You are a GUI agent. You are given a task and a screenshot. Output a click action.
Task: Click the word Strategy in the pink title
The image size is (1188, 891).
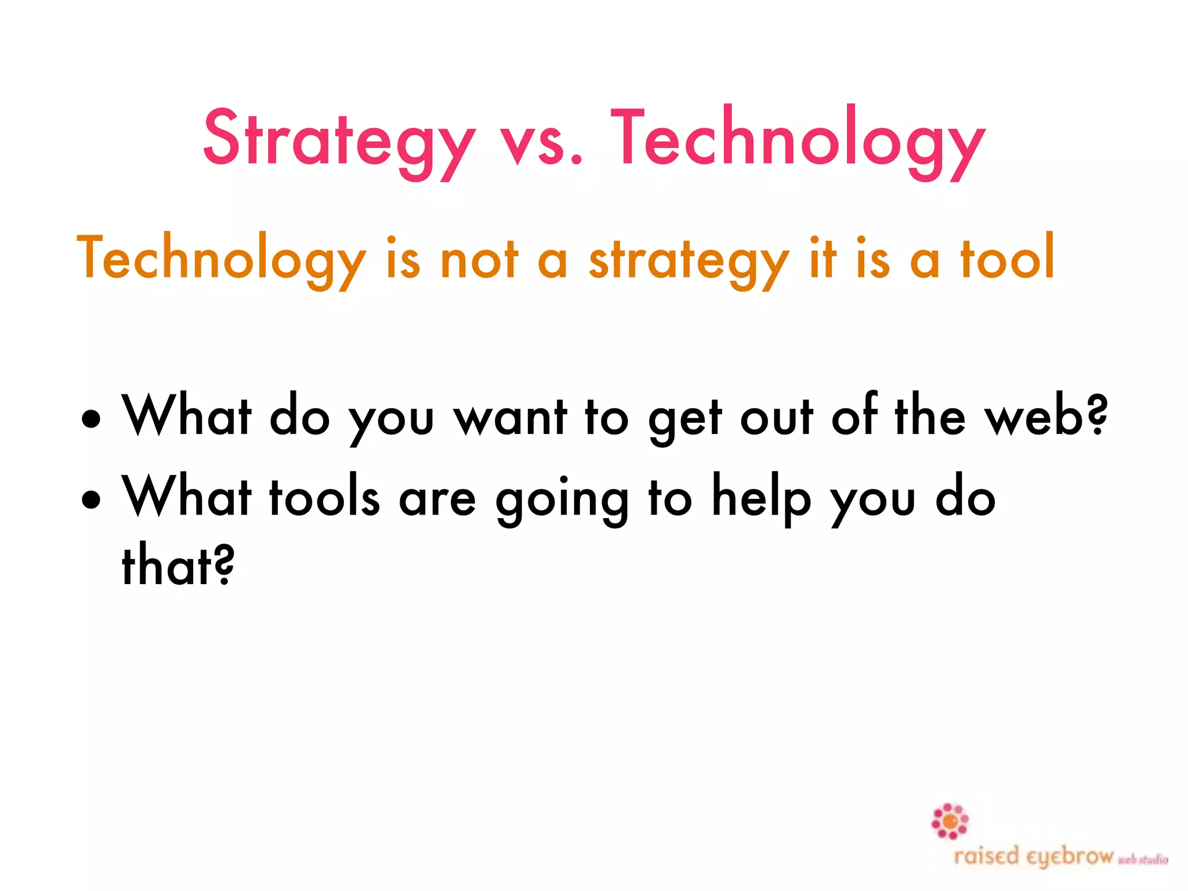[x=339, y=139]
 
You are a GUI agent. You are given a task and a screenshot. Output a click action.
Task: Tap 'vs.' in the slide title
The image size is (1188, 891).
[x=541, y=142]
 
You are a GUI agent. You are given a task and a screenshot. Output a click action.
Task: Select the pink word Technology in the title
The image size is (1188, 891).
[x=798, y=139]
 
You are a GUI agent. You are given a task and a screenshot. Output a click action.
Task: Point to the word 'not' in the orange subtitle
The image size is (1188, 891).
[x=479, y=259]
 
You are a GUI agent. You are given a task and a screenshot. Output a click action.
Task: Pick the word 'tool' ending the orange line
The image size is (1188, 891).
[x=1007, y=258]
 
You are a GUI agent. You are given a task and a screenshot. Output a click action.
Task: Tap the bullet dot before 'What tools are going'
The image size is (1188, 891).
[x=92, y=498]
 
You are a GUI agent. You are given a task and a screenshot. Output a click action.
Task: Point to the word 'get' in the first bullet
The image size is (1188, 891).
[x=685, y=420]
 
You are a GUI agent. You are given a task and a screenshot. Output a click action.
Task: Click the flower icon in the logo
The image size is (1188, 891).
[x=950, y=821]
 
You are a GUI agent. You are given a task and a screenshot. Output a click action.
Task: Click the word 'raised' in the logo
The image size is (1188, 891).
[x=986, y=856]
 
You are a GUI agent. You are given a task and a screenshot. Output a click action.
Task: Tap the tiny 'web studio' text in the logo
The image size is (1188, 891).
[x=1143, y=860]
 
